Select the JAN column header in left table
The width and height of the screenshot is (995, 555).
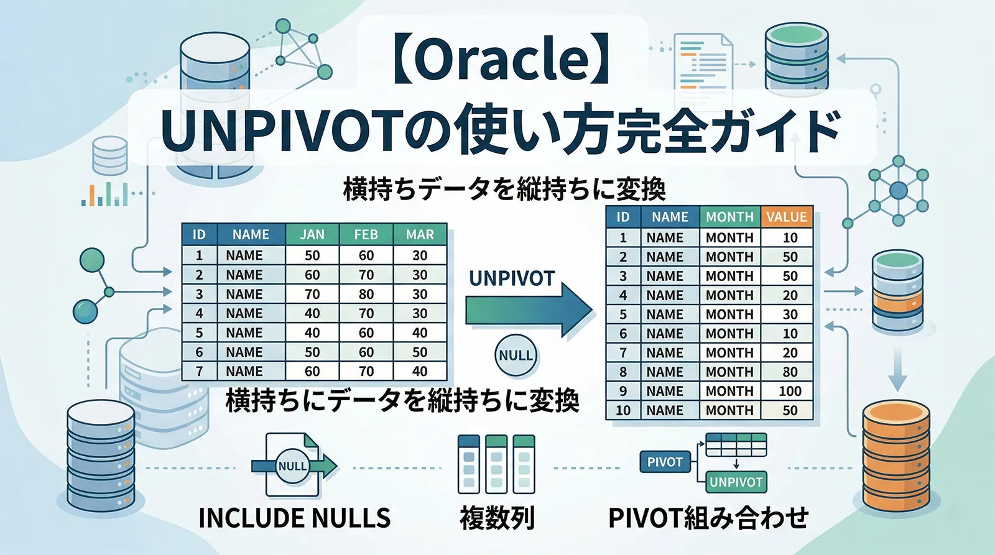[312, 234]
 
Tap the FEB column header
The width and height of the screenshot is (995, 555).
[366, 234]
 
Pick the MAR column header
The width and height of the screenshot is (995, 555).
[420, 234]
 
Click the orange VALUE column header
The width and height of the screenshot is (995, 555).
[786, 217]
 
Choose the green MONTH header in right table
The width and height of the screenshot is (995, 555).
[729, 217]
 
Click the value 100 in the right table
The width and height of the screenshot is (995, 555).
[790, 391]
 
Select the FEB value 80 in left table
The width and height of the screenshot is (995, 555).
[366, 294]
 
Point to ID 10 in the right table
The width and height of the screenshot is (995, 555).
[623, 410]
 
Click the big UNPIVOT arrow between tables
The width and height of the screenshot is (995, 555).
[529, 310]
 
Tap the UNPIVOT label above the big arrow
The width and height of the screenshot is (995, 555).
[511, 278]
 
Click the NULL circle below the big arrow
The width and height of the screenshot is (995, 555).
[516, 355]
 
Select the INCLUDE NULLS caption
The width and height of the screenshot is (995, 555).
[294, 518]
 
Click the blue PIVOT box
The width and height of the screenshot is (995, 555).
[664, 462]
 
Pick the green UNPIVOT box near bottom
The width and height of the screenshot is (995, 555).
[736, 482]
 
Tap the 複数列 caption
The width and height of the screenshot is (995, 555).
[497, 518]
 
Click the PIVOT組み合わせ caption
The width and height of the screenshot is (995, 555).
[708, 518]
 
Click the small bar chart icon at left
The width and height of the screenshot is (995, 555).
[104, 194]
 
